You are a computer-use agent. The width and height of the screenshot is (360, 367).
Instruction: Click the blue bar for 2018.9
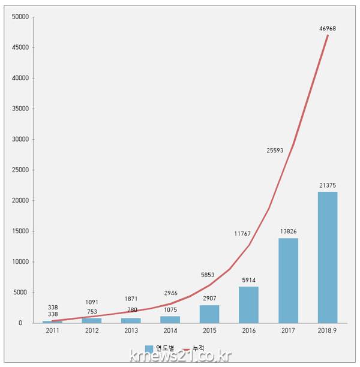(x=328, y=257)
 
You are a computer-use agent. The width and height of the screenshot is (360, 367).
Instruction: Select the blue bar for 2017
(x=288, y=281)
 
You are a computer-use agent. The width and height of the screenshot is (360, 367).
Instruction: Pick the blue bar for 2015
(x=209, y=314)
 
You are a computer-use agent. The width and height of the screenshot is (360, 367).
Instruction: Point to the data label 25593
(x=277, y=150)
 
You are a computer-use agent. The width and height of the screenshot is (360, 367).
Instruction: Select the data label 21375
(x=328, y=186)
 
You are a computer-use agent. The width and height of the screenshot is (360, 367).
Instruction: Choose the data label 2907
(x=209, y=299)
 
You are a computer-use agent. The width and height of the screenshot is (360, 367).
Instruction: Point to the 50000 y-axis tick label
(x=20, y=17)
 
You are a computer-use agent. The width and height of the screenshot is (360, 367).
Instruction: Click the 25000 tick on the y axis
(x=20, y=170)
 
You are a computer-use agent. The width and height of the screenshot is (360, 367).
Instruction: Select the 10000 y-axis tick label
(x=20, y=261)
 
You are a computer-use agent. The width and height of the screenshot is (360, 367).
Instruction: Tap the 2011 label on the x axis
(x=52, y=330)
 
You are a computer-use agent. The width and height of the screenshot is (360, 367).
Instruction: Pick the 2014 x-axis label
(x=170, y=330)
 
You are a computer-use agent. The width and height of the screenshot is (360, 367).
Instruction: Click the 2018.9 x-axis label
(x=328, y=330)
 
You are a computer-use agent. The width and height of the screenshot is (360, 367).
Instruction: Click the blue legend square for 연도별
(x=149, y=348)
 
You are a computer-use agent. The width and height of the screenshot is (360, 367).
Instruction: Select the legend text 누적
(x=199, y=348)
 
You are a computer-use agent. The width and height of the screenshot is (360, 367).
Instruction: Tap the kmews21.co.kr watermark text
(x=181, y=357)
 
